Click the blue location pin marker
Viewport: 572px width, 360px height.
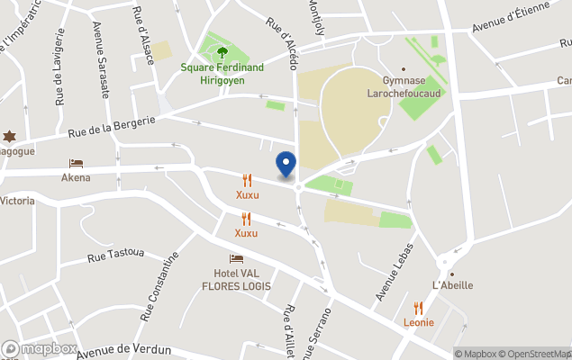286,164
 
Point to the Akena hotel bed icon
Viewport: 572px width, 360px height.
76,164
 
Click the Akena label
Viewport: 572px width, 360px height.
76,177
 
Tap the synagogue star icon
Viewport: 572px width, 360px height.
10,136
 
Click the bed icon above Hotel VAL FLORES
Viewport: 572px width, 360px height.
236,259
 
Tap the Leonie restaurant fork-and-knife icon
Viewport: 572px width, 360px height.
418,308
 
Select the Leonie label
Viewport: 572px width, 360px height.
418,322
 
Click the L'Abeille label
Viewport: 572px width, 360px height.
452,285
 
